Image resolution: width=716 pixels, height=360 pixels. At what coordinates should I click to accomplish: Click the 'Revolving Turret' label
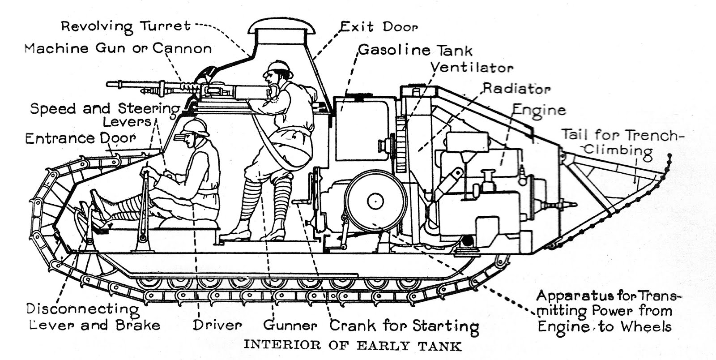126,26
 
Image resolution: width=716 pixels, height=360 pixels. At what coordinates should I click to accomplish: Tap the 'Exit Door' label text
379,27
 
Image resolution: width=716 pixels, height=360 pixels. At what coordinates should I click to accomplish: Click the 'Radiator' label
516,89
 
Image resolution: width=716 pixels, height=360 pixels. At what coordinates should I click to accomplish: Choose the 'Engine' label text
539,110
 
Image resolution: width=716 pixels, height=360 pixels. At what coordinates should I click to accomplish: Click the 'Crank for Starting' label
404,326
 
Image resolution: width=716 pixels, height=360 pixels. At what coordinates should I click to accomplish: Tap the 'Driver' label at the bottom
217,325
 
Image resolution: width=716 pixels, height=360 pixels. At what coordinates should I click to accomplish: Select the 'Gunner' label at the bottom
290,325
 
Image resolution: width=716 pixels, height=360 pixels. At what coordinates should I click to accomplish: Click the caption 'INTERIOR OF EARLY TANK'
352,346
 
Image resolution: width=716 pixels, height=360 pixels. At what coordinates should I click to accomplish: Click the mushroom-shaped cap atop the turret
282,28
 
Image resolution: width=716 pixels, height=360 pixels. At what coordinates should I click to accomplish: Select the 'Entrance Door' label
80,138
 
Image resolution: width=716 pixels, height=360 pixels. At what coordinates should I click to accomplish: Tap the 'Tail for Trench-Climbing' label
622,142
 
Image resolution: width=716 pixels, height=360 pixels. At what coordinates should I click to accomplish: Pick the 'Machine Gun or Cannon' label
118,48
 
